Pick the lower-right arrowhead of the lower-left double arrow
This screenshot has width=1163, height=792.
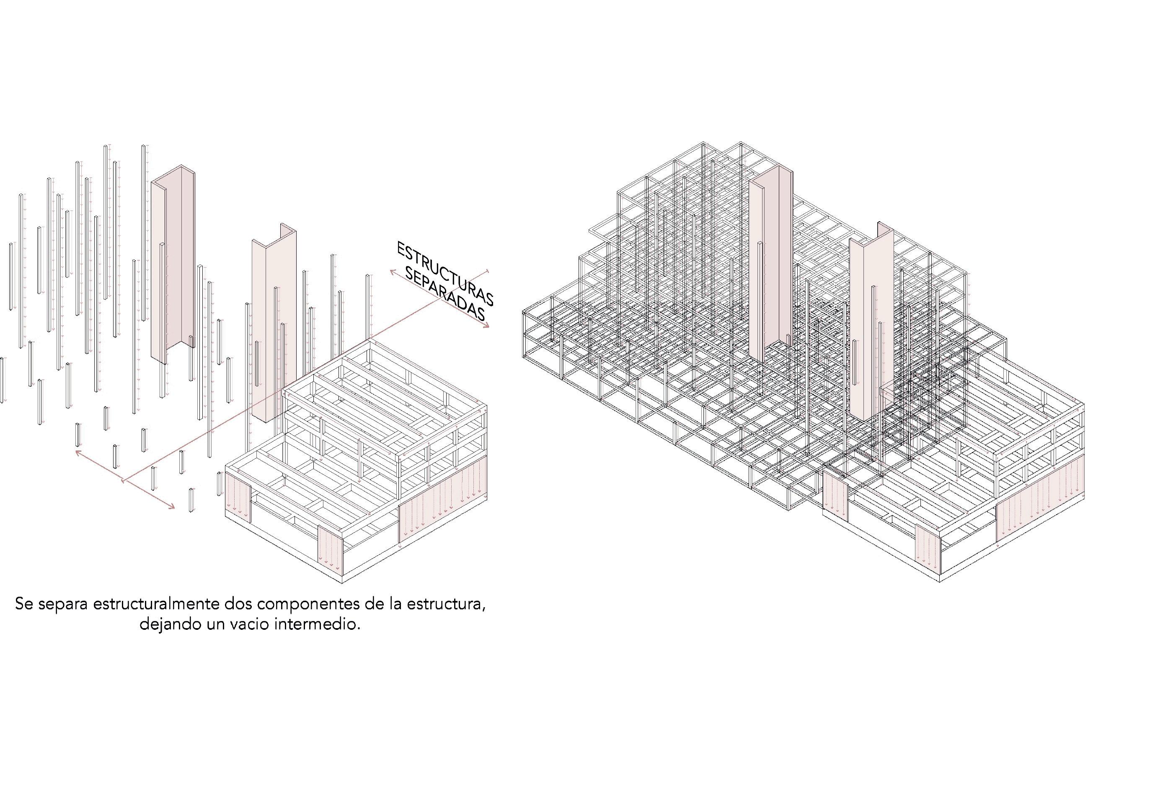[x=172, y=507]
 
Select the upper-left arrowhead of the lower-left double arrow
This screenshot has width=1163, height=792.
[x=78, y=453]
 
